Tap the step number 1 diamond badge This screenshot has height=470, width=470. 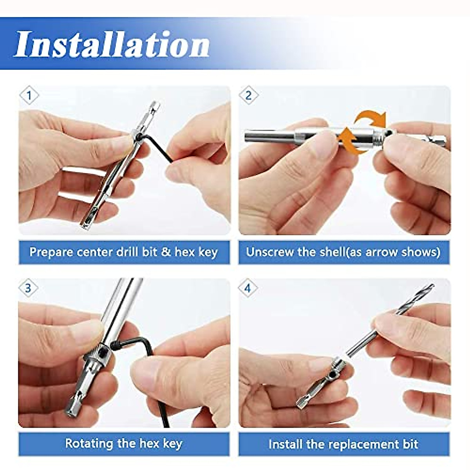click(29, 96)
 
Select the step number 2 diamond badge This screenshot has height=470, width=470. click(248, 96)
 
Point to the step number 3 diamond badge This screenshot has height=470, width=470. click(29, 289)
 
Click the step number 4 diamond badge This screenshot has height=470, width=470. click(248, 289)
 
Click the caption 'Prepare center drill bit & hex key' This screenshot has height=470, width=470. click(124, 252)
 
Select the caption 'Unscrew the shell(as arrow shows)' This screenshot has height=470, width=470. click(343, 252)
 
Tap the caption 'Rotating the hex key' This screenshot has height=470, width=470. click(124, 444)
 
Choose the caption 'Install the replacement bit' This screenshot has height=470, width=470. click(343, 444)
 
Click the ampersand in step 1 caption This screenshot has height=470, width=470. click(166, 252)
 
